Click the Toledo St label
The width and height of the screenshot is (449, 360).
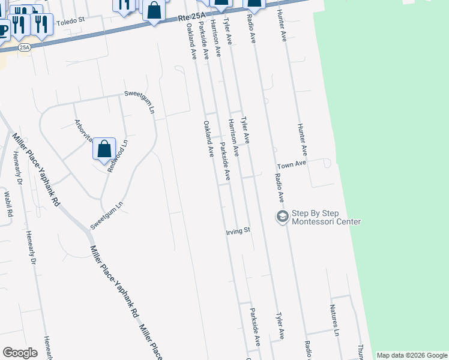[71, 23]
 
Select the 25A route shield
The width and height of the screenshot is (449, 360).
[24, 47]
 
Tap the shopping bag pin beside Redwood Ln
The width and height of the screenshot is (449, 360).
[104, 148]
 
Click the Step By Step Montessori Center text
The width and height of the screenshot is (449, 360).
[326, 217]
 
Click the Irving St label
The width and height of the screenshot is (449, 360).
[237, 230]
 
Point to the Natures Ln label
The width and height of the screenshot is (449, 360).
[334, 320]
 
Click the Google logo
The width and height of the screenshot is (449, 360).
[20, 353]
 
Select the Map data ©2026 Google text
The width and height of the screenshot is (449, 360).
[411, 355]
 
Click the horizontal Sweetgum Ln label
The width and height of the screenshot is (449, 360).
[139, 94]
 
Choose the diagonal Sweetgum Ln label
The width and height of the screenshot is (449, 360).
[107, 214]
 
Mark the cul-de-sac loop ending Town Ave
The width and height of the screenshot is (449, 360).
[326, 163]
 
